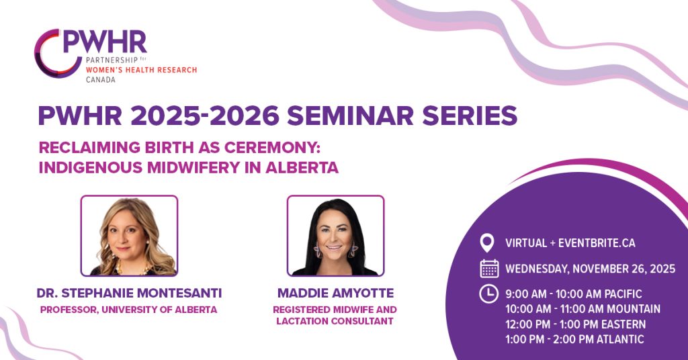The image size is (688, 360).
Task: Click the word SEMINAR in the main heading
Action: (x=350, y=116)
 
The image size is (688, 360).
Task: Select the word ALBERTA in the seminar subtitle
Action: (x=302, y=167)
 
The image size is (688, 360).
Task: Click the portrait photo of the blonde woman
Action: (x=129, y=236)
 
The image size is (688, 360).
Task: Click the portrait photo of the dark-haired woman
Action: (x=336, y=236)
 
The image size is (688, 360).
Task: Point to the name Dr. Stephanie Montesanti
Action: (x=129, y=293)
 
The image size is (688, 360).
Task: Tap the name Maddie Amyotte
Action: (x=336, y=293)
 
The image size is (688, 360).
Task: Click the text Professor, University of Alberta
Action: (x=128, y=310)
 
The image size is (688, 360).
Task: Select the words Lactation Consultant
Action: (x=335, y=321)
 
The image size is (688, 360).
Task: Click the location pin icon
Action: (x=486, y=243)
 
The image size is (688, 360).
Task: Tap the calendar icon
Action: (x=489, y=269)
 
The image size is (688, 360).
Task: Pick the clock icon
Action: (x=488, y=294)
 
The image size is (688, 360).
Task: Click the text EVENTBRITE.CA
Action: (x=597, y=243)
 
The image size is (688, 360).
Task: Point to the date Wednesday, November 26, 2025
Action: (x=590, y=269)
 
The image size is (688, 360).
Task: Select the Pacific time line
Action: (x=574, y=294)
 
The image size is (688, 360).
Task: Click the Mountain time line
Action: (x=583, y=309)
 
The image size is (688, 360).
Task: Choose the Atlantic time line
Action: (x=575, y=339)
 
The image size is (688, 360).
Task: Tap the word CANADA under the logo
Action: (x=101, y=80)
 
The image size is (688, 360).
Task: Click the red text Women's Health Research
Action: (x=141, y=70)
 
